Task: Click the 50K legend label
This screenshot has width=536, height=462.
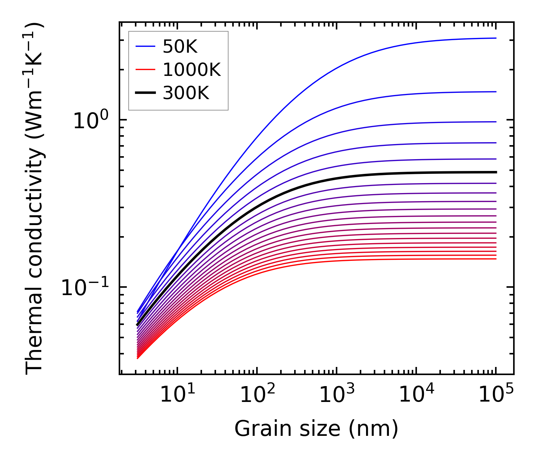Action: [180, 47]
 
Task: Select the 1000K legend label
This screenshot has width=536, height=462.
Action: [192, 70]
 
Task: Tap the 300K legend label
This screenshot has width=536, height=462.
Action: [186, 93]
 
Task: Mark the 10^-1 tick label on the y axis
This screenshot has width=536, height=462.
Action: [86, 287]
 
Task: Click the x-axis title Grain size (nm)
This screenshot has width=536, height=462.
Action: [316, 429]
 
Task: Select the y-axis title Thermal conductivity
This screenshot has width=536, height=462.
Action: [35, 199]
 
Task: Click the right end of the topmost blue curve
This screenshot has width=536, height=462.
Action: [496, 38]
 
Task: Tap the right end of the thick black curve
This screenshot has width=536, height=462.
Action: [496, 172]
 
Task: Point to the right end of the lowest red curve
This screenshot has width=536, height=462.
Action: [496, 259]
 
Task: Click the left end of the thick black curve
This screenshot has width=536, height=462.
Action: [137, 325]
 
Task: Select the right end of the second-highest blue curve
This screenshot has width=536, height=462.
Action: [496, 92]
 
